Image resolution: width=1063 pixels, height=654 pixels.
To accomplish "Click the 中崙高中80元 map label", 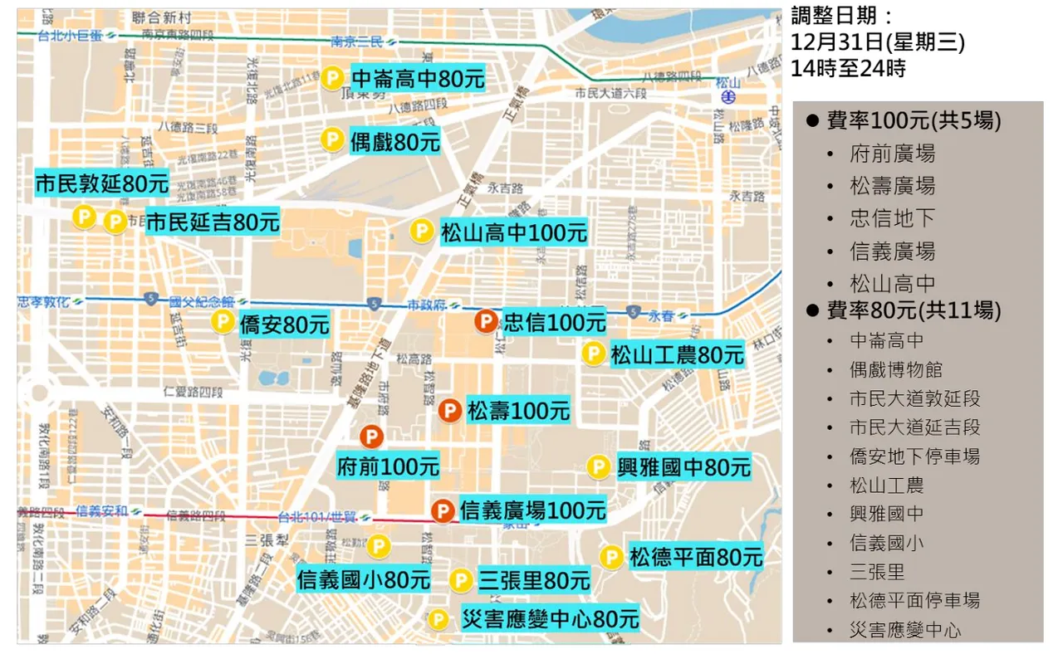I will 417,79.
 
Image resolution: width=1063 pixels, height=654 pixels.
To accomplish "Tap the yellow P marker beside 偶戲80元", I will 332,139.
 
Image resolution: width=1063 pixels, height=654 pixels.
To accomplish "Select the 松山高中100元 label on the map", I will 513,232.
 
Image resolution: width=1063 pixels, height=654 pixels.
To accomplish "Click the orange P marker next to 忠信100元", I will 485,320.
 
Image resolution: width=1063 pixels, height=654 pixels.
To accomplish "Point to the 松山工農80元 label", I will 677,355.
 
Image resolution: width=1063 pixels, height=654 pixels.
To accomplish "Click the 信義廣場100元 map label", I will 531,510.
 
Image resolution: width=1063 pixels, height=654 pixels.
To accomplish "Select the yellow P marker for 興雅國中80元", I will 598,467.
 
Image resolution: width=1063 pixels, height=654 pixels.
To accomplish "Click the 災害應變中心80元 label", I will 550,619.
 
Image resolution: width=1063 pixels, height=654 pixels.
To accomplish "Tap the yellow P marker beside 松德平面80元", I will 611,557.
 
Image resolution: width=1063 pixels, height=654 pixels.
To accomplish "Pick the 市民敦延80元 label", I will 101,183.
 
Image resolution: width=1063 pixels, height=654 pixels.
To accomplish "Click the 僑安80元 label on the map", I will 284,324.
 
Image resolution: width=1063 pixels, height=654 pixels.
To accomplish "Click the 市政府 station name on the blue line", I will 427,305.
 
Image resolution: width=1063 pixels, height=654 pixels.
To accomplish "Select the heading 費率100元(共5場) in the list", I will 914,121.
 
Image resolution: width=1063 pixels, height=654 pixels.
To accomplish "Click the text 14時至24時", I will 848,69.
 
